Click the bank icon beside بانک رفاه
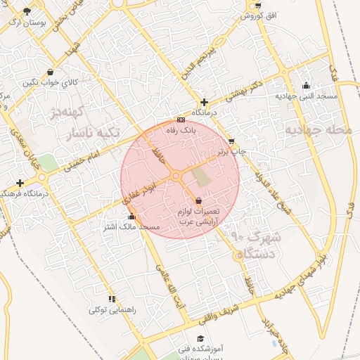coord(181,120)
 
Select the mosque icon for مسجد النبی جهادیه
coord(306,86)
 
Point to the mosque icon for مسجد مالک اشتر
coord(131,217)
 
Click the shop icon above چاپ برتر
coord(231,141)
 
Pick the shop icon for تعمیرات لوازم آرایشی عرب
coord(199,201)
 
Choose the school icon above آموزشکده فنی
coord(202,338)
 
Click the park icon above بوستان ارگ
coord(27,11)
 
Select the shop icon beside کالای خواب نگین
coord(49,72)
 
